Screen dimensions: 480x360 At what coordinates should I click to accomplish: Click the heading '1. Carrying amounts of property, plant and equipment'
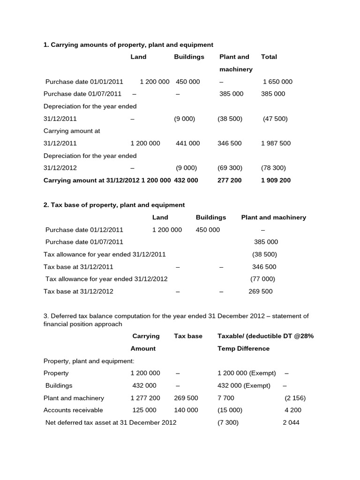click(x=128, y=45)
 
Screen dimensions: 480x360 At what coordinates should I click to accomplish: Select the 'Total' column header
click(x=269, y=57)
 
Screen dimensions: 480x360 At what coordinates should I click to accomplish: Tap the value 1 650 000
click(x=277, y=82)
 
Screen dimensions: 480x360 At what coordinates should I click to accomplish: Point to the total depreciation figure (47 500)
click(x=275, y=119)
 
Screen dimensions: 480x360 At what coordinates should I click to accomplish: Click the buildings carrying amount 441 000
click(x=187, y=143)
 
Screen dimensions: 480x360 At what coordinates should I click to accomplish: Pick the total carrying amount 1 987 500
click(x=276, y=143)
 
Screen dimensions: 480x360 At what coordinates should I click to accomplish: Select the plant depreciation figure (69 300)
click(x=230, y=167)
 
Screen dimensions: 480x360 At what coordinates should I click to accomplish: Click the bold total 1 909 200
click(x=276, y=180)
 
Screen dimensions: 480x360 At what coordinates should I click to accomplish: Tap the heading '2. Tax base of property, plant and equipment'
click(x=114, y=205)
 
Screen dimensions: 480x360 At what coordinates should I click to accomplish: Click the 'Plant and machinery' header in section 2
click(x=273, y=217)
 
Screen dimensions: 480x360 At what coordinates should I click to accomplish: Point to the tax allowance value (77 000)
click(x=262, y=278)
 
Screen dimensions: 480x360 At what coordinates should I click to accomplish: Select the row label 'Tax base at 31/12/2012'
click(x=78, y=291)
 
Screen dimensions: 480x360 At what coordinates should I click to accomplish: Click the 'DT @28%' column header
click(x=299, y=336)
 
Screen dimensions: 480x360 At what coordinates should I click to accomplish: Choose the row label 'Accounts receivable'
click(x=73, y=410)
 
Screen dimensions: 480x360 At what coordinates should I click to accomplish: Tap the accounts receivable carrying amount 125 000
click(x=144, y=410)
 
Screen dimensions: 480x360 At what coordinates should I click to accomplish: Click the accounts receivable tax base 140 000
click(x=186, y=410)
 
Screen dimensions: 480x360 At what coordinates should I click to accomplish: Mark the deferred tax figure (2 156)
click(x=295, y=398)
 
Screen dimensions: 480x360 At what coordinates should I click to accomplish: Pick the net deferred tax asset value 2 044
click(x=291, y=422)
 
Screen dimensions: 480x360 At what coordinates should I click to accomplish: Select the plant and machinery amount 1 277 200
click(x=145, y=398)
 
